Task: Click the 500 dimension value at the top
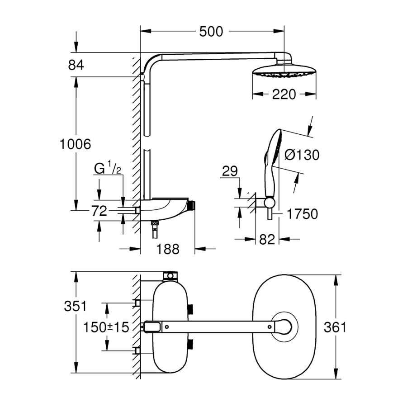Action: [211, 32]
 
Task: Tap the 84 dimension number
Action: [76, 65]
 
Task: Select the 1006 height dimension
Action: [76, 144]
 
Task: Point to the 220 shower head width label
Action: [284, 94]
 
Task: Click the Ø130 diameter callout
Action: [302, 155]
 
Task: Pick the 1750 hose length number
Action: [303, 214]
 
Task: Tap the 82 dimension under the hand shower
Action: [267, 240]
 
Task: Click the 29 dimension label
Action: [230, 171]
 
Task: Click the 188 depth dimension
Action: [167, 249]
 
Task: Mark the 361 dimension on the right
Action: [335, 327]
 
